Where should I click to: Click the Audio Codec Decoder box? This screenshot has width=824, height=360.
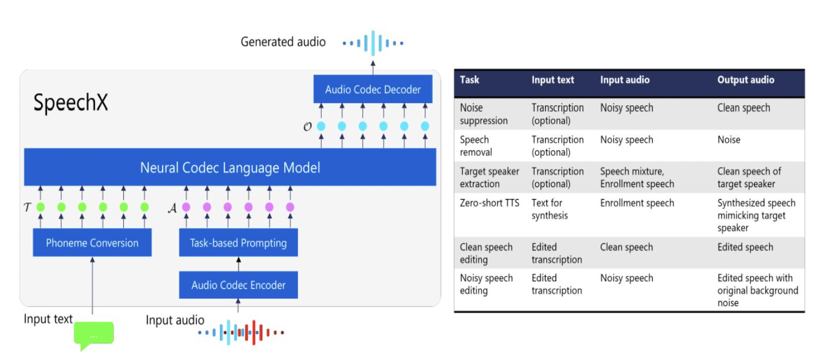point(373,90)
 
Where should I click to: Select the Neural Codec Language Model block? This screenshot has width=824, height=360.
point(230,168)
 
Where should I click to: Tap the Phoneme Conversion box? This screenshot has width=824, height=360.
point(92,243)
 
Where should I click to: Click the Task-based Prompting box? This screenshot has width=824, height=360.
point(238,243)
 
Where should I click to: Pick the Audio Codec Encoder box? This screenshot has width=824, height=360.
point(238,285)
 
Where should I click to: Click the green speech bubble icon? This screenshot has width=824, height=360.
point(94,335)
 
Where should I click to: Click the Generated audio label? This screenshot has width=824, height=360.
point(284,42)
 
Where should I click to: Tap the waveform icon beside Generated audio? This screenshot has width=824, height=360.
point(373,42)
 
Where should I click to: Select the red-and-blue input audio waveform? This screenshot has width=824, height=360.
point(241,333)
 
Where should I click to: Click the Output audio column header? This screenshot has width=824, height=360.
point(745,80)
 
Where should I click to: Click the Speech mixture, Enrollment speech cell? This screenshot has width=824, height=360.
point(637,178)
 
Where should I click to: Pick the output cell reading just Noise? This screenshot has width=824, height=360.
point(729,139)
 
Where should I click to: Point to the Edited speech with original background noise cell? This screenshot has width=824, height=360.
point(757,290)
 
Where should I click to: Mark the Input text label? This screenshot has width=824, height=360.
point(48,319)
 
